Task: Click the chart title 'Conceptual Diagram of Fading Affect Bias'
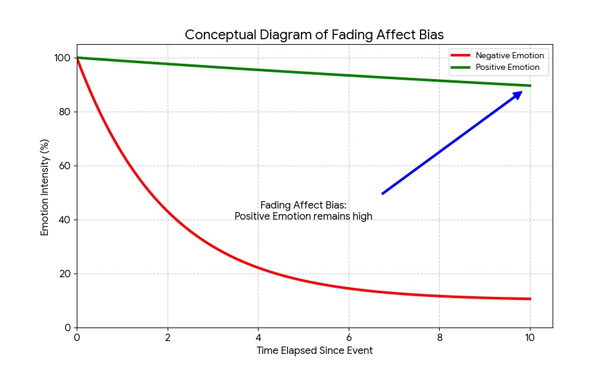314,35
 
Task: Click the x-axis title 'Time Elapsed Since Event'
314,351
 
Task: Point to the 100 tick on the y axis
62,58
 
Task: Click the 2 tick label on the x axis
168,337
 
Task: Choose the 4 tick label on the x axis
258,337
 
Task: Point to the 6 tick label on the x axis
349,337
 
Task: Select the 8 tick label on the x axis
439,337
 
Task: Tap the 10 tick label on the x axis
530,337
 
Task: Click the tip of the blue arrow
523,91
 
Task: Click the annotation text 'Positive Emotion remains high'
303,217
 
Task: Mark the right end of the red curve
530,299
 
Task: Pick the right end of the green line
530,85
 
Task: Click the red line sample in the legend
460,56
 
